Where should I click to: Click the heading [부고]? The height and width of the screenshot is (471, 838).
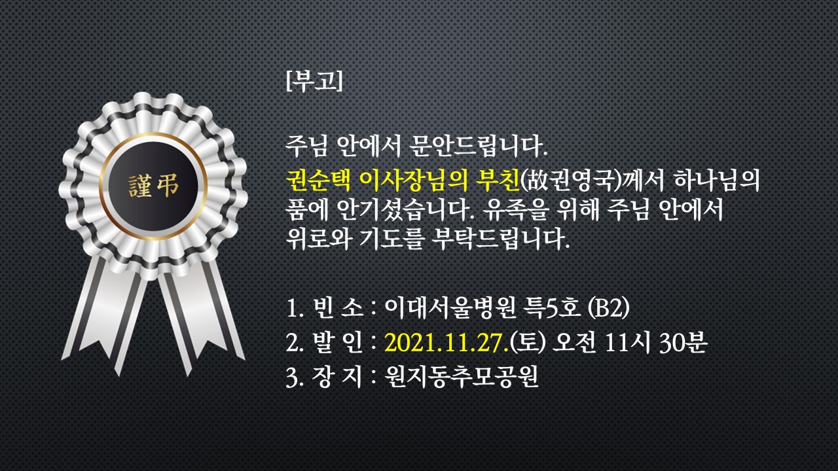coord(314,80)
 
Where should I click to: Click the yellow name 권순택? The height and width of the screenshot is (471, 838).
coord(318,180)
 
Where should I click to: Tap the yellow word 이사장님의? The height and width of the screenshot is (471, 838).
coord(413,180)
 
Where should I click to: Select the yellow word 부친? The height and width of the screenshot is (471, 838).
coord(498,180)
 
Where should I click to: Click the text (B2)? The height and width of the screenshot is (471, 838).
coord(609,308)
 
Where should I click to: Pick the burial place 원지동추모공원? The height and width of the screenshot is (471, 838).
coord(462,375)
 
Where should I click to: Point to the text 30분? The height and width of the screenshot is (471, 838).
coord(683,342)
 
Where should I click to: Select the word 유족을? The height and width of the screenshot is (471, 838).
coord(515,210)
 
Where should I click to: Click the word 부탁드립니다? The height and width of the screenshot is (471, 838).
coord(501,239)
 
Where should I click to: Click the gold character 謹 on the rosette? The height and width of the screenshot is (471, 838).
coord(140,186)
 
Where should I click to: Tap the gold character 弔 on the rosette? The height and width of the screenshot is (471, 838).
coord(167,186)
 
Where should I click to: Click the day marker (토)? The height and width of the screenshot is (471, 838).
coord(528,342)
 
